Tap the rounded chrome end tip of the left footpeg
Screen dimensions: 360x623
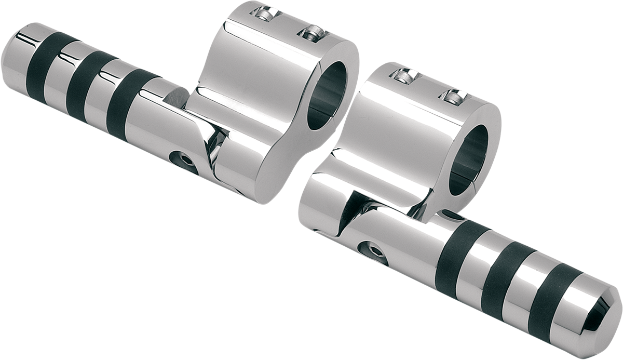tap(13, 52)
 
